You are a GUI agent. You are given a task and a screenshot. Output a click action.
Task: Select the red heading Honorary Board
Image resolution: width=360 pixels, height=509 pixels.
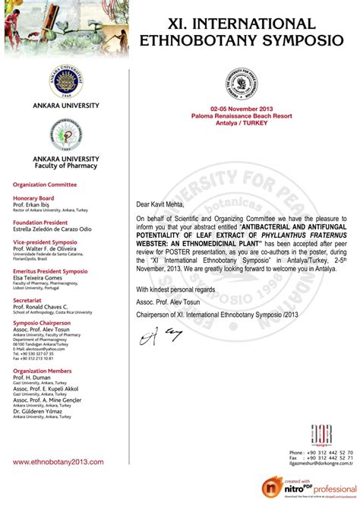point(32,198)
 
